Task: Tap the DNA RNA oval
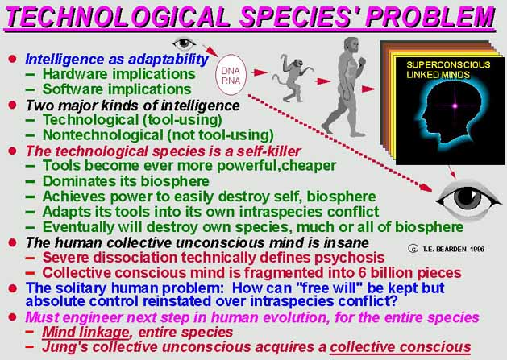231,75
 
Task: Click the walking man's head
351,46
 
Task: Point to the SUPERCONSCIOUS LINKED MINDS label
448,70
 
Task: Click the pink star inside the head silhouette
455,106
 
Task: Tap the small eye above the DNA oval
184,43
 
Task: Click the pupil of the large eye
466,197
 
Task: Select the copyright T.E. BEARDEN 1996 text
447,249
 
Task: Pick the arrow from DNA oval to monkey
260,72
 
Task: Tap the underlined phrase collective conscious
401,347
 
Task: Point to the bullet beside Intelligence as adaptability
13,59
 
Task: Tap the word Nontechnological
103,135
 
